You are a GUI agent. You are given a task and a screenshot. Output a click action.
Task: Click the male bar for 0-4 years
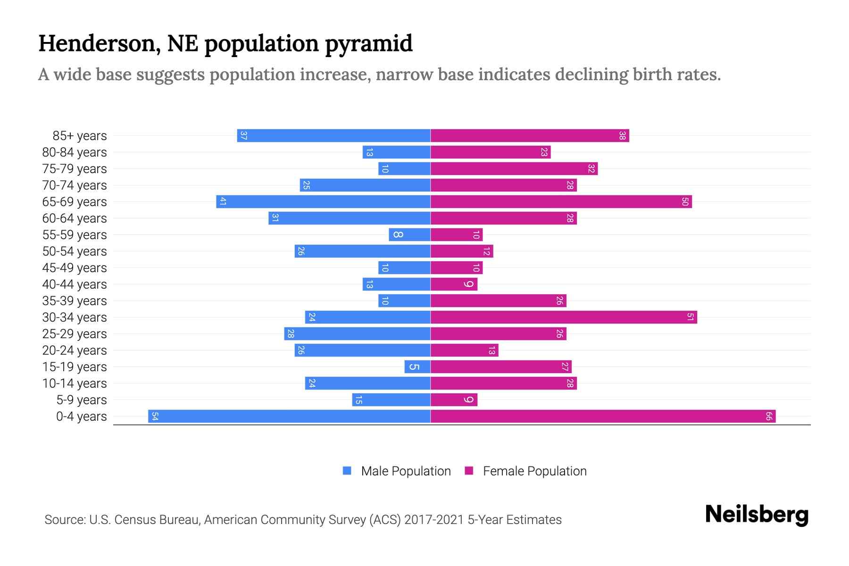pyautogui.click(x=289, y=416)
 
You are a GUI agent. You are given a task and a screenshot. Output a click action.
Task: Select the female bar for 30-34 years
pyautogui.click(x=564, y=317)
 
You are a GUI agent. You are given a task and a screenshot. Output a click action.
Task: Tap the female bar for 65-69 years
pyautogui.click(x=561, y=202)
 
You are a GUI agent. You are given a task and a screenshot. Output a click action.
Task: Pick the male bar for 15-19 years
pyautogui.click(x=417, y=367)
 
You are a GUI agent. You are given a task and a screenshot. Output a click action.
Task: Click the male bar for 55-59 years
pyautogui.click(x=409, y=235)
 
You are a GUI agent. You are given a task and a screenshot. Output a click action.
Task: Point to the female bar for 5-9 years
pyautogui.click(x=454, y=400)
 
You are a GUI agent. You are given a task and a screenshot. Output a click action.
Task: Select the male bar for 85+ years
pyautogui.click(x=333, y=136)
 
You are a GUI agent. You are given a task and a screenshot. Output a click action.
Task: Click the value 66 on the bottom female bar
pyautogui.click(x=768, y=416)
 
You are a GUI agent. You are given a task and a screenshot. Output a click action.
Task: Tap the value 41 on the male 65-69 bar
pyautogui.click(x=223, y=202)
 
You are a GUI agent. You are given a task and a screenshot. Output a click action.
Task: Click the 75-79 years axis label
pyautogui.click(x=75, y=169)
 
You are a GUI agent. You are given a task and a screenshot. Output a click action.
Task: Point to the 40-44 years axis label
pyautogui.click(x=75, y=284)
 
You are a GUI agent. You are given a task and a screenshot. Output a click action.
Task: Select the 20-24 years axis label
pyautogui.click(x=75, y=350)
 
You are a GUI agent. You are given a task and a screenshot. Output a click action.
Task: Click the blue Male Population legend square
pyautogui.click(x=347, y=471)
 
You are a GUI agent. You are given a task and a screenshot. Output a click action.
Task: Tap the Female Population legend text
pyautogui.click(x=534, y=471)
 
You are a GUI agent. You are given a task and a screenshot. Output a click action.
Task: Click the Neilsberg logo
pyautogui.click(x=757, y=515)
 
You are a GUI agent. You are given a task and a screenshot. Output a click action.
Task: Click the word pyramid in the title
pyautogui.click(x=368, y=44)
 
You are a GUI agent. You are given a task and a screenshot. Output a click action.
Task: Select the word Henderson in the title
pyautogui.click(x=97, y=44)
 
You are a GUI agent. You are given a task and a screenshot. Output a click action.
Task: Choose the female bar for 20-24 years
pyautogui.click(x=464, y=350)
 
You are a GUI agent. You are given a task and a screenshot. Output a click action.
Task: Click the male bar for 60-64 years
pyautogui.click(x=350, y=218)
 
